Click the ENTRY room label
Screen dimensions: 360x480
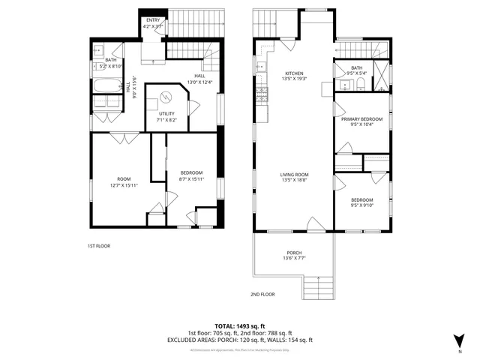pos(153,20)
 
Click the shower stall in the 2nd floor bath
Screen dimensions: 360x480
pos(383,75)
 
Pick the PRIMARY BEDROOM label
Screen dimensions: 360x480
pos(361,119)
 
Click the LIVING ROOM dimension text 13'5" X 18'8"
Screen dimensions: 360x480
pos(295,180)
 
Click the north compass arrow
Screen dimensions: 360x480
pos(460,340)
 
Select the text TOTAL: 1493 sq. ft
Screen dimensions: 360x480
pos(239,326)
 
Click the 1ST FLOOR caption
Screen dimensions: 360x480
pos(98,245)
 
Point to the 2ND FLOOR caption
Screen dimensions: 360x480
pos(263,295)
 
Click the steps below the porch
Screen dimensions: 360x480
pos(318,287)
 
